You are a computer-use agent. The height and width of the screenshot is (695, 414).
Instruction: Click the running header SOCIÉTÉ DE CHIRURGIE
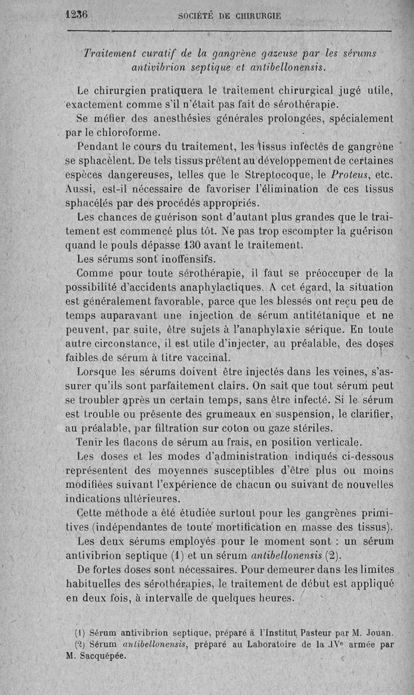[229, 16]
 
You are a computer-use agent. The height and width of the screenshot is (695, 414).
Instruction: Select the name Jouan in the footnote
[379, 632]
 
